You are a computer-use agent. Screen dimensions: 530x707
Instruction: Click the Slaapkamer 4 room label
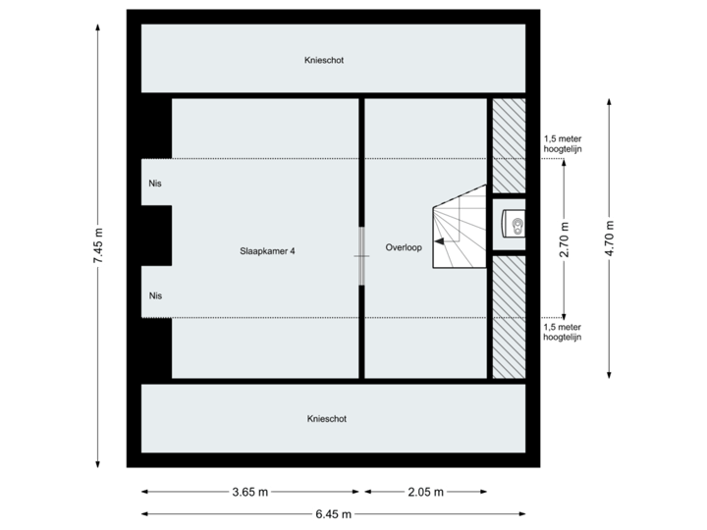click(x=268, y=250)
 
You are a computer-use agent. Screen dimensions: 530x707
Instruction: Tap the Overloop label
click(x=404, y=247)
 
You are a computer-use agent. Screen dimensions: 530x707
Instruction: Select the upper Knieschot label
click(x=324, y=60)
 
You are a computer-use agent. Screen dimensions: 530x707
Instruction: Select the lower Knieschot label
click(x=326, y=418)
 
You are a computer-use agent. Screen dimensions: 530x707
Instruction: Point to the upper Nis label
click(x=155, y=184)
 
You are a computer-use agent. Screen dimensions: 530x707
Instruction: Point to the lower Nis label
click(x=155, y=295)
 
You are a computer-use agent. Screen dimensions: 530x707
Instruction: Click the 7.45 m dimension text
click(x=97, y=246)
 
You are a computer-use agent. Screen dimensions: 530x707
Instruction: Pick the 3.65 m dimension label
click(x=250, y=492)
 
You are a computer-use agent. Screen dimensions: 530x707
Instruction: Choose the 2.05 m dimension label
click(x=426, y=492)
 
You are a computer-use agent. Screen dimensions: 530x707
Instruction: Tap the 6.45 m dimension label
click(x=335, y=513)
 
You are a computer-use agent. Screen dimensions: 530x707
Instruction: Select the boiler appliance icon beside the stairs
click(x=513, y=225)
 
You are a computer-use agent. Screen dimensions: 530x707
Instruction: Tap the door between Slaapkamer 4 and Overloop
click(x=361, y=255)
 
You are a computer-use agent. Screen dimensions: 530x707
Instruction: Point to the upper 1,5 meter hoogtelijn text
click(x=563, y=144)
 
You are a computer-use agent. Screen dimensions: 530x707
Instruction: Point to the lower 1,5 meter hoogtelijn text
click(x=563, y=331)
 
